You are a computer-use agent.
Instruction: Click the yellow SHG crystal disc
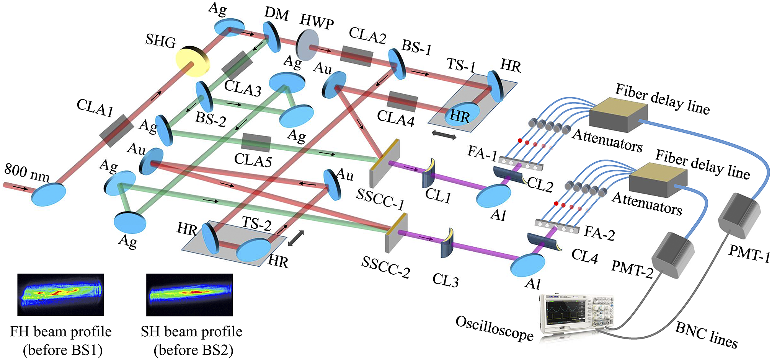(192, 62)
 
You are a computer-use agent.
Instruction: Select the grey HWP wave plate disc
(308, 45)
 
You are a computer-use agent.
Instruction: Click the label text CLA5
(253, 160)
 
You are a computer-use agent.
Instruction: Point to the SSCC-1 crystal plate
(385, 163)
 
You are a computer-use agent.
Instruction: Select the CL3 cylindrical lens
(447, 243)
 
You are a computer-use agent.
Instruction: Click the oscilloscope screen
(565, 314)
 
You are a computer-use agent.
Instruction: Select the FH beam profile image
(60, 295)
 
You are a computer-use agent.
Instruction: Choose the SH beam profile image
(189, 295)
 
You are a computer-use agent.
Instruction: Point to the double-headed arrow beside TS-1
(444, 135)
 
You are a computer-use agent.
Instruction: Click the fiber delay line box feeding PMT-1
(618, 114)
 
